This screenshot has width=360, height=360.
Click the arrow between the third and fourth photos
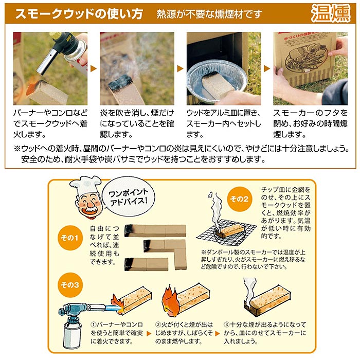pos(267,68)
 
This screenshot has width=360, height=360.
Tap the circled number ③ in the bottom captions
pos(227,325)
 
